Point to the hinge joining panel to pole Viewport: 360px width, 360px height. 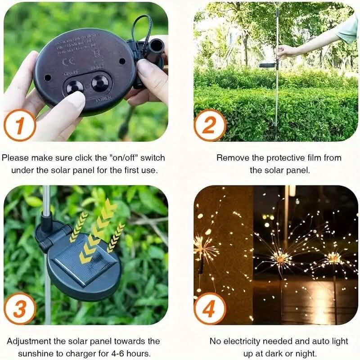pyautogui.click(x=49, y=236)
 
